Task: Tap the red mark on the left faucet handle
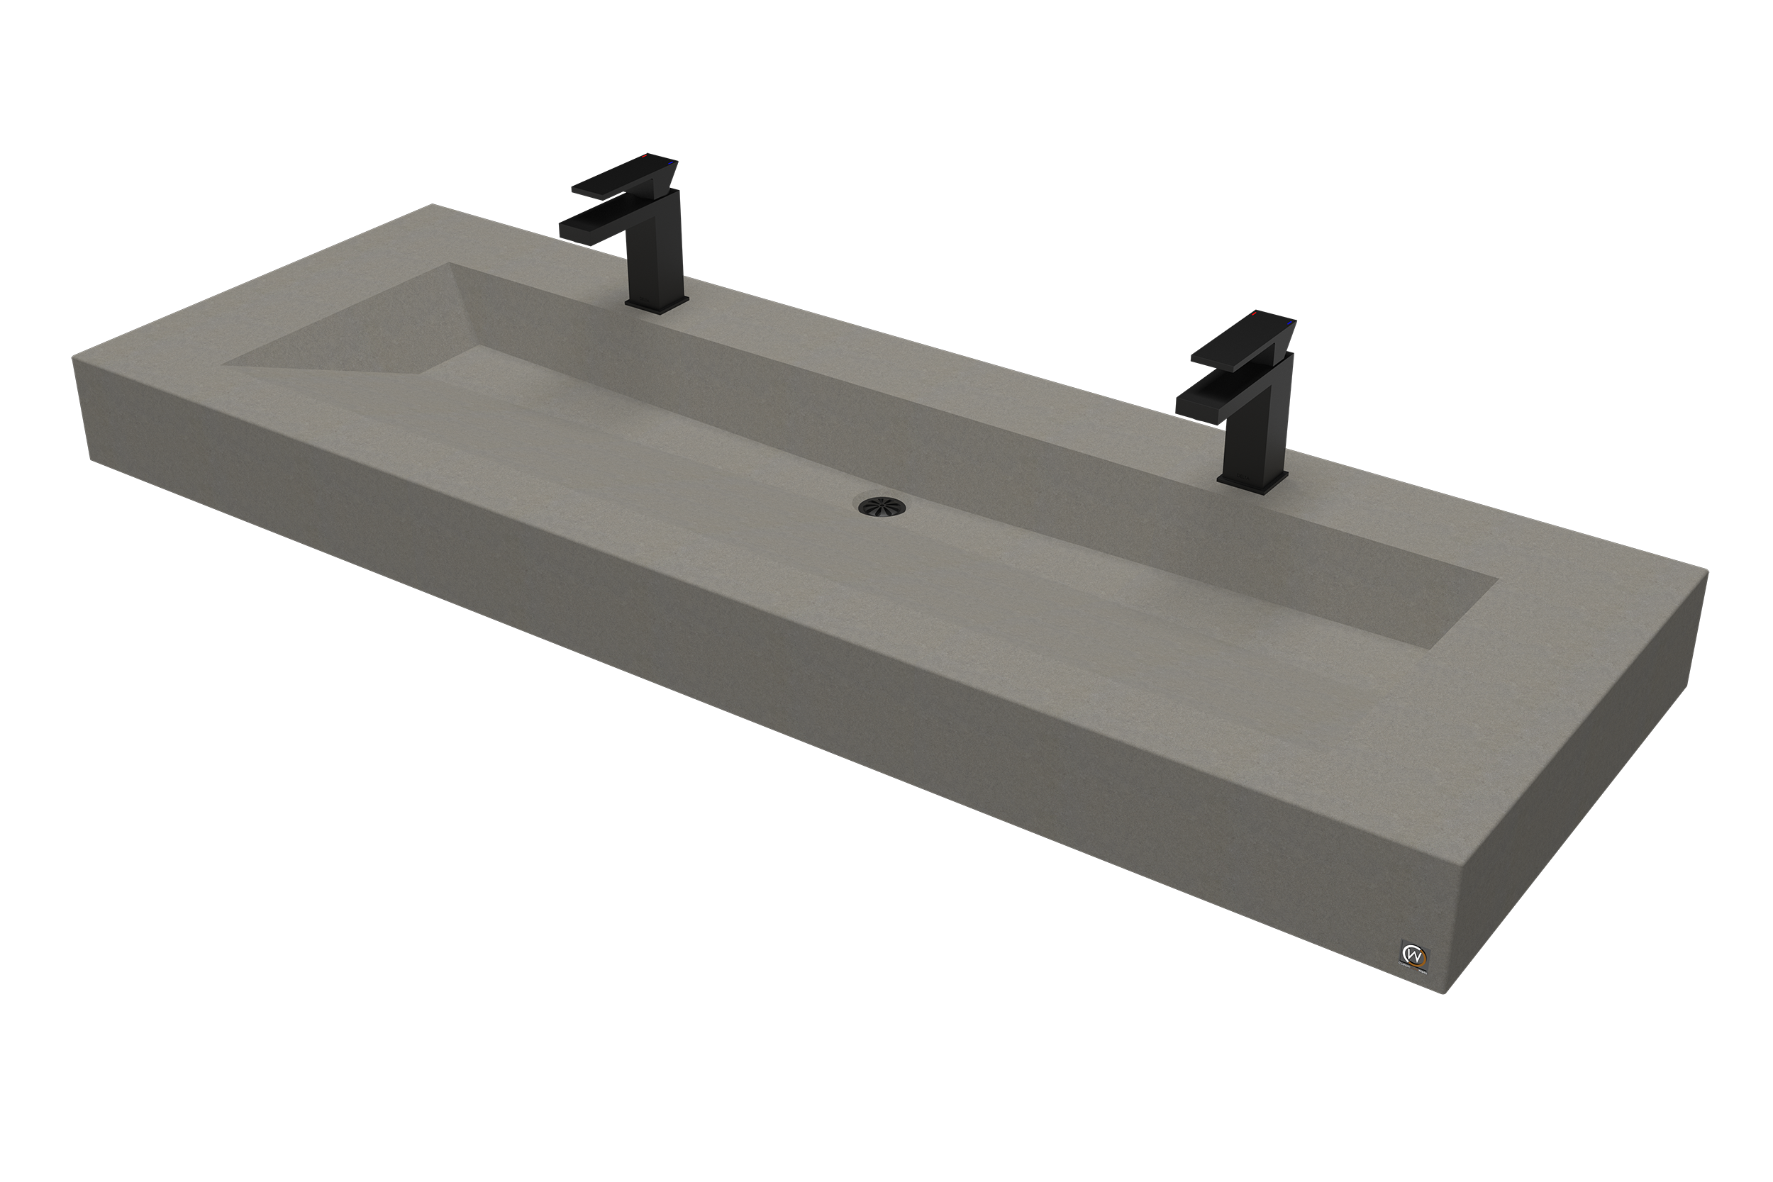tap(645, 156)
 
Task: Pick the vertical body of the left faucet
tap(660, 256)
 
